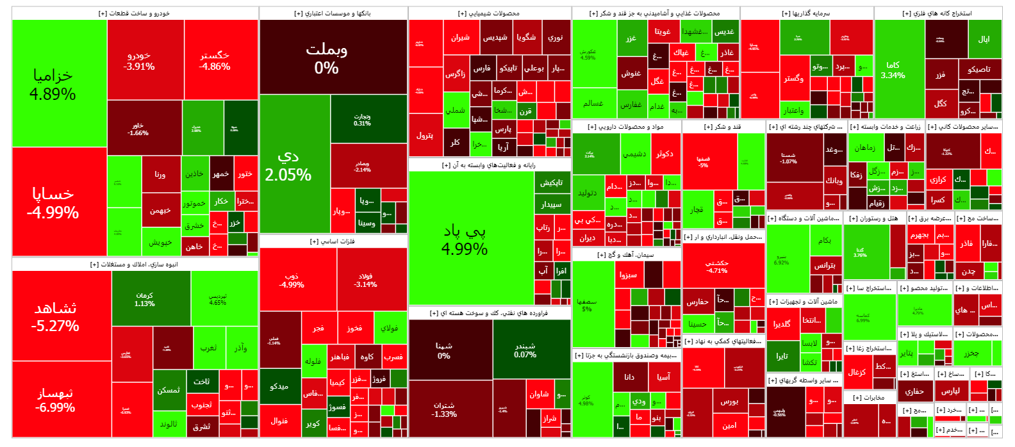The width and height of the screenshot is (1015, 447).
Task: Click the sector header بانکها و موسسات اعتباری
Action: (x=333, y=13)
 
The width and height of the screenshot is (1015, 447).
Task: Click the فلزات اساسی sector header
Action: (x=333, y=241)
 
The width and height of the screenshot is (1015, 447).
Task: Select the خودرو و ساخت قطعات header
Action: (x=135, y=13)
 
